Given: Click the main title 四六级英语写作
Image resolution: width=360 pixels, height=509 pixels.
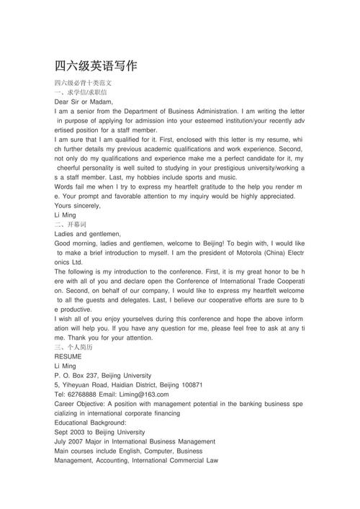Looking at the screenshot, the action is point(95,67).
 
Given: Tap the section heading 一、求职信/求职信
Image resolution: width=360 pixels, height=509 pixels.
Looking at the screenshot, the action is point(81,93).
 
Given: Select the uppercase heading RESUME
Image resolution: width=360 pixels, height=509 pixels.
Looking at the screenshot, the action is point(68,356).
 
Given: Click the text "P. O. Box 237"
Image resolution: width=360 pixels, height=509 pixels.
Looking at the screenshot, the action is point(75,375).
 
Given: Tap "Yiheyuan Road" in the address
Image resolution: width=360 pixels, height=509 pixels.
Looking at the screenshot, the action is point(86,384).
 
